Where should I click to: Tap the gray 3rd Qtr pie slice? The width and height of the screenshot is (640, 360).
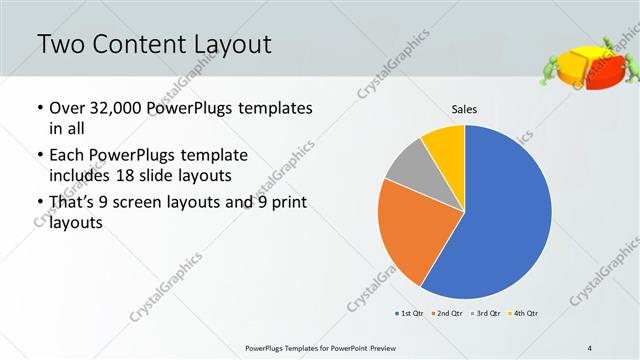(405, 170)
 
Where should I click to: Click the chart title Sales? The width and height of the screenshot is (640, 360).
(464, 108)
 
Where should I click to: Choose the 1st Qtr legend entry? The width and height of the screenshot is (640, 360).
(410, 314)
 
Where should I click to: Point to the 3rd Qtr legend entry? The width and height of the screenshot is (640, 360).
(485, 314)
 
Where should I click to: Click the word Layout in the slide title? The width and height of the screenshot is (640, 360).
(226, 45)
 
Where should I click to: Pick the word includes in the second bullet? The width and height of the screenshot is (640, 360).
(80, 176)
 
